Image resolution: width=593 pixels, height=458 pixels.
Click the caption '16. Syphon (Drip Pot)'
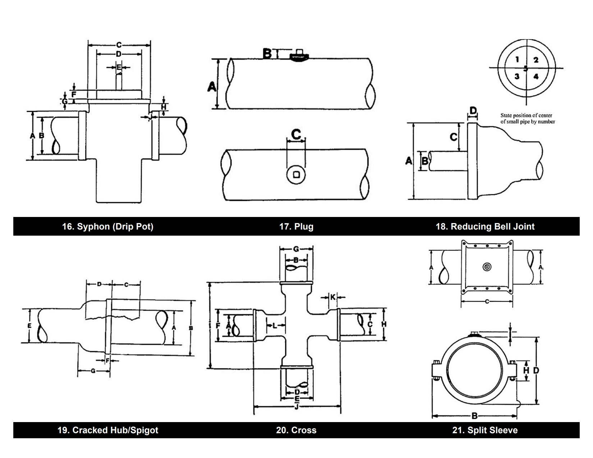pos(108,227)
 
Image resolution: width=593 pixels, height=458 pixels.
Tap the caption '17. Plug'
pos(296,227)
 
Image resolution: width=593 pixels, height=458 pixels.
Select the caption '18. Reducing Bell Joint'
pos(485,227)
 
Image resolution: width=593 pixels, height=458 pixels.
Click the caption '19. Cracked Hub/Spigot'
pos(108,430)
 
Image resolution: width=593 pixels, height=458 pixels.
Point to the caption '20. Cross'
pos(296,430)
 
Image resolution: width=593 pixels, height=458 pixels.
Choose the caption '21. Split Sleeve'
pos(485,430)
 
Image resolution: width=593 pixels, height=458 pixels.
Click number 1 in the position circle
pos(517,60)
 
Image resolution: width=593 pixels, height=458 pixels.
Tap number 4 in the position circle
pos(536,77)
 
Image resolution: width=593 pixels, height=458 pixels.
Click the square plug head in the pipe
pos(296,175)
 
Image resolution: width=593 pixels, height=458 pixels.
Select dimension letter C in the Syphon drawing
pos(119,45)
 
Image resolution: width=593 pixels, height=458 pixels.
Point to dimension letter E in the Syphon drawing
pos(119,67)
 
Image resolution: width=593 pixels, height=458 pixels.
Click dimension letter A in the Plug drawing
pos(212,87)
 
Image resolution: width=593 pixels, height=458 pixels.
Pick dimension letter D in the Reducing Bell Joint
pos(473,110)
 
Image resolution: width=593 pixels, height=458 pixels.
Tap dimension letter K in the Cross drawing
pos(333,297)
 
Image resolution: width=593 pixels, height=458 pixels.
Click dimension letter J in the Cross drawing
pos(296,407)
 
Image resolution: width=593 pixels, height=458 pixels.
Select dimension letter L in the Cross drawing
pos(275,325)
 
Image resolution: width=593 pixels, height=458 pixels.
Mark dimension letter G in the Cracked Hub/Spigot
pos(93,371)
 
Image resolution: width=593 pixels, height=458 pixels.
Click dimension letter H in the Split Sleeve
pos(526,370)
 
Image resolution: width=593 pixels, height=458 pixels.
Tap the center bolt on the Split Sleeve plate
pos(487,267)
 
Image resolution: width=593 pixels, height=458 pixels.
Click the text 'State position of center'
pos(526,115)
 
